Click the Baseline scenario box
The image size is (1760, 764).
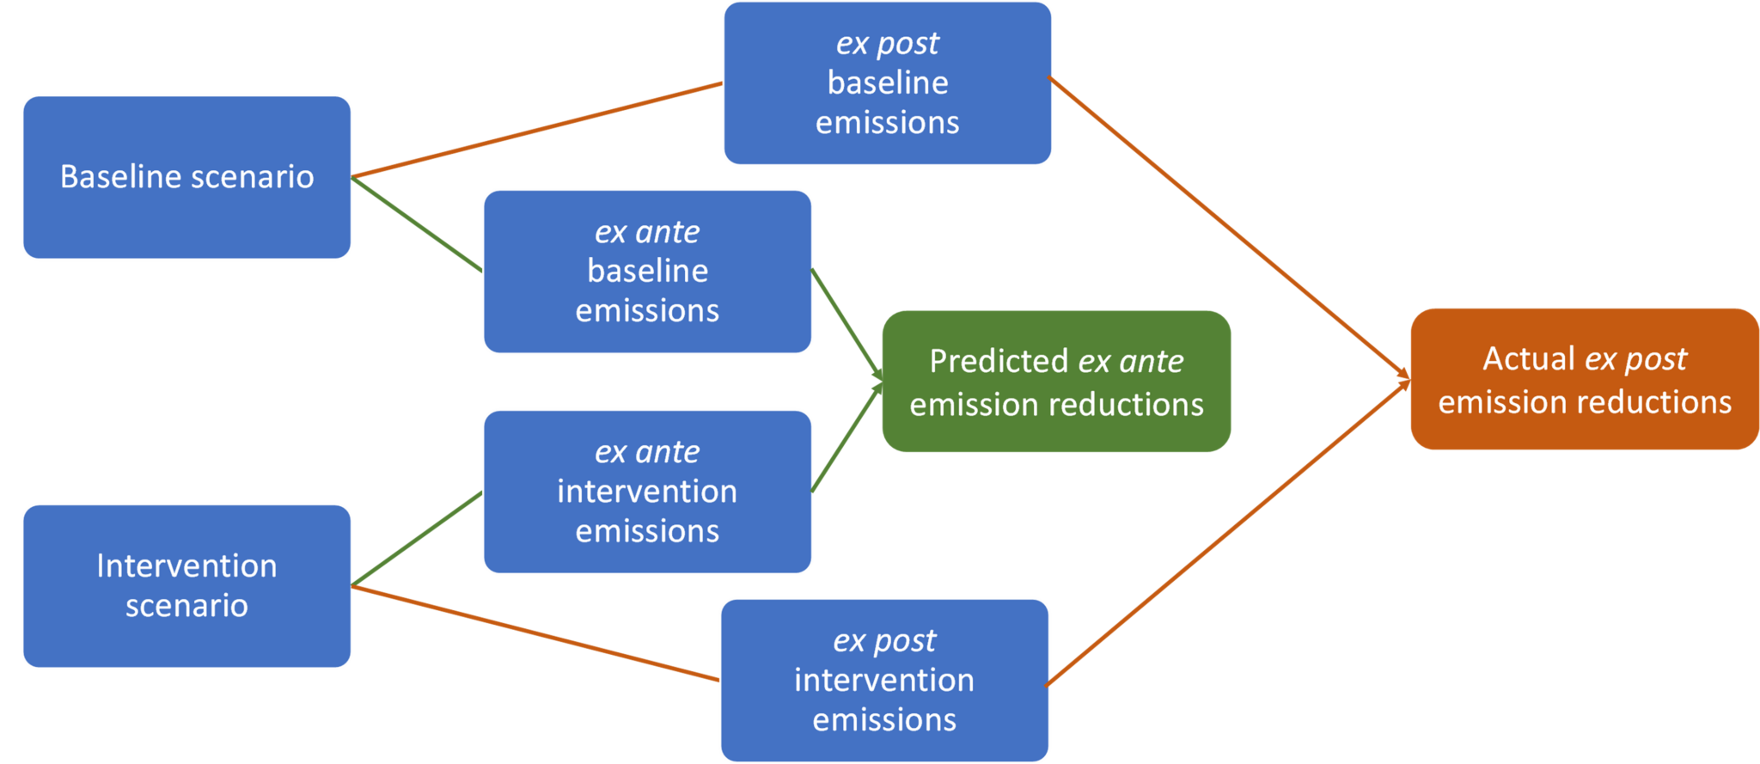[186, 177]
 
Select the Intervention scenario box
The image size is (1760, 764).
[186, 586]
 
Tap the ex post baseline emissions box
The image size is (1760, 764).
[888, 83]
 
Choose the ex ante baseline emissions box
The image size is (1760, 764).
[647, 272]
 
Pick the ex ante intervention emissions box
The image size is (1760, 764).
[647, 492]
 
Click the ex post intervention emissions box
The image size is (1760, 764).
[884, 681]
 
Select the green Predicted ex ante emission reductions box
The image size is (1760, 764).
[1056, 382]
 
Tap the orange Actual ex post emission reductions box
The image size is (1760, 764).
[1585, 379]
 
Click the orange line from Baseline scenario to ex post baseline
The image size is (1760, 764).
[537, 130]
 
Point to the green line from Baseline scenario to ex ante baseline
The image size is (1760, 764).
[417, 224]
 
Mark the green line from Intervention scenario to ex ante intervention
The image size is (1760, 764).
[417, 539]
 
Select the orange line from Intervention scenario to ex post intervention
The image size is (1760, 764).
[535, 633]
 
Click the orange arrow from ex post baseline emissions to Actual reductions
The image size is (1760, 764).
[1230, 228]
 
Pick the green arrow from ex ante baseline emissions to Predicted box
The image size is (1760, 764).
[847, 325]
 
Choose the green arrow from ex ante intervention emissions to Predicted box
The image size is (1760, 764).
[847, 437]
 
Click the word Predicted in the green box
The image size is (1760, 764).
[998, 362]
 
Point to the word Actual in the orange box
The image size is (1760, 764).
[1529, 358]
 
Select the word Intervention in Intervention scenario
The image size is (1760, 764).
[186, 565]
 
